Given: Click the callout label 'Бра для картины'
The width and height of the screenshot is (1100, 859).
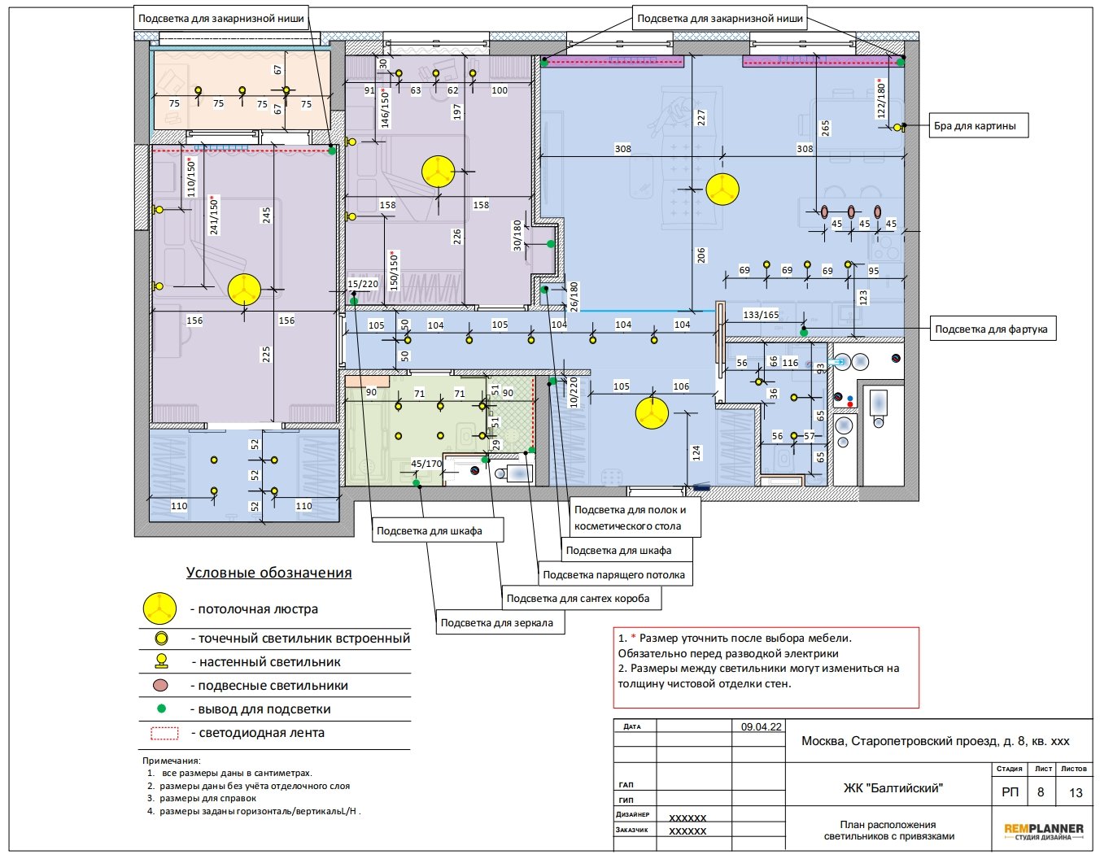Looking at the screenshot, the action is click(978, 125).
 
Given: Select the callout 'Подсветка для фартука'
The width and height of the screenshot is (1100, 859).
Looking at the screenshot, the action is click(993, 329).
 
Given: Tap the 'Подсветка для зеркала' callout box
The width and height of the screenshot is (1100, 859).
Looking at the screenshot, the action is click(500, 622).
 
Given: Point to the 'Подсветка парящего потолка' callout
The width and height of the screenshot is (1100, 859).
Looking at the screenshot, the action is click(614, 574).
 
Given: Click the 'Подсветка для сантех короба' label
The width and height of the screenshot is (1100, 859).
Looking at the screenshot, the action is click(581, 599).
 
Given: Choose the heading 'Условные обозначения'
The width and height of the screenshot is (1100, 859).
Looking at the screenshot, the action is click(268, 573).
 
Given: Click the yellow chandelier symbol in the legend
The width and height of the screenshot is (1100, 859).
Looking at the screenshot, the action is click(160, 608).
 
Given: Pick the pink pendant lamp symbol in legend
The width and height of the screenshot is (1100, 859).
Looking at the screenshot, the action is click(161, 686).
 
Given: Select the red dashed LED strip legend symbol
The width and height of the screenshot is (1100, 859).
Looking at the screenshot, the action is click(165, 733).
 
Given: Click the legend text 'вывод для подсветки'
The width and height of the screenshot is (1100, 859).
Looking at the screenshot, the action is click(264, 709).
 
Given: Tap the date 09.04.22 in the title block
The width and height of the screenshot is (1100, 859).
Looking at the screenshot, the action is click(761, 727).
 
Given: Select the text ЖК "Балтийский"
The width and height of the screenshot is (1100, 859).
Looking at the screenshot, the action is click(893, 787).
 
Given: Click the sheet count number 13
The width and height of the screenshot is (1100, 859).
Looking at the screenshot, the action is click(1076, 792).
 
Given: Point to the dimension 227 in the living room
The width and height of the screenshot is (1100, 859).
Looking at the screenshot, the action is click(701, 117).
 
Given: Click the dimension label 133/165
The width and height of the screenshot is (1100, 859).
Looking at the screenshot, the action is click(761, 315).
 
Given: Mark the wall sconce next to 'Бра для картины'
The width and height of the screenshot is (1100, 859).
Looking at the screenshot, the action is click(898, 127).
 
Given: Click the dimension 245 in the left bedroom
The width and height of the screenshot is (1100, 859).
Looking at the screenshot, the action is click(266, 216).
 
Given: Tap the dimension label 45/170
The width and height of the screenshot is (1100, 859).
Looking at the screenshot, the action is click(426, 464).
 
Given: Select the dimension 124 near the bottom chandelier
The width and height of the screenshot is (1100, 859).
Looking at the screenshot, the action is click(696, 453).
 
